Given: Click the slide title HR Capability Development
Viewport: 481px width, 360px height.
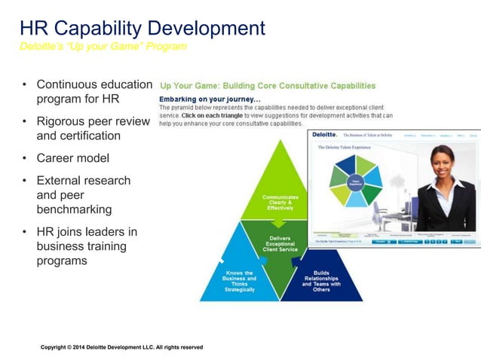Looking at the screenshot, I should click(142, 29).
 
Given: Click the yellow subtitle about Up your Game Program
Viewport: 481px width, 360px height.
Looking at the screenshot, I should click(103, 47).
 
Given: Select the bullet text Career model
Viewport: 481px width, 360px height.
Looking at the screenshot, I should click(72, 158).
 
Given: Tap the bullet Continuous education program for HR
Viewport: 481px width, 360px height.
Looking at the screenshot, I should click(93, 91).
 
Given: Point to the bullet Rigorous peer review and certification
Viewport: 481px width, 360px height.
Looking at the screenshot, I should click(93, 128).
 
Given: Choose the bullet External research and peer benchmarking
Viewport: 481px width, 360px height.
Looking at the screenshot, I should click(83, 194).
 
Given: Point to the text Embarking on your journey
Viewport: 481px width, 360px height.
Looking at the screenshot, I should click(210, 99).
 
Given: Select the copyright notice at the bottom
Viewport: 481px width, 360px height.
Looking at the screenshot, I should click(121, 347).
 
